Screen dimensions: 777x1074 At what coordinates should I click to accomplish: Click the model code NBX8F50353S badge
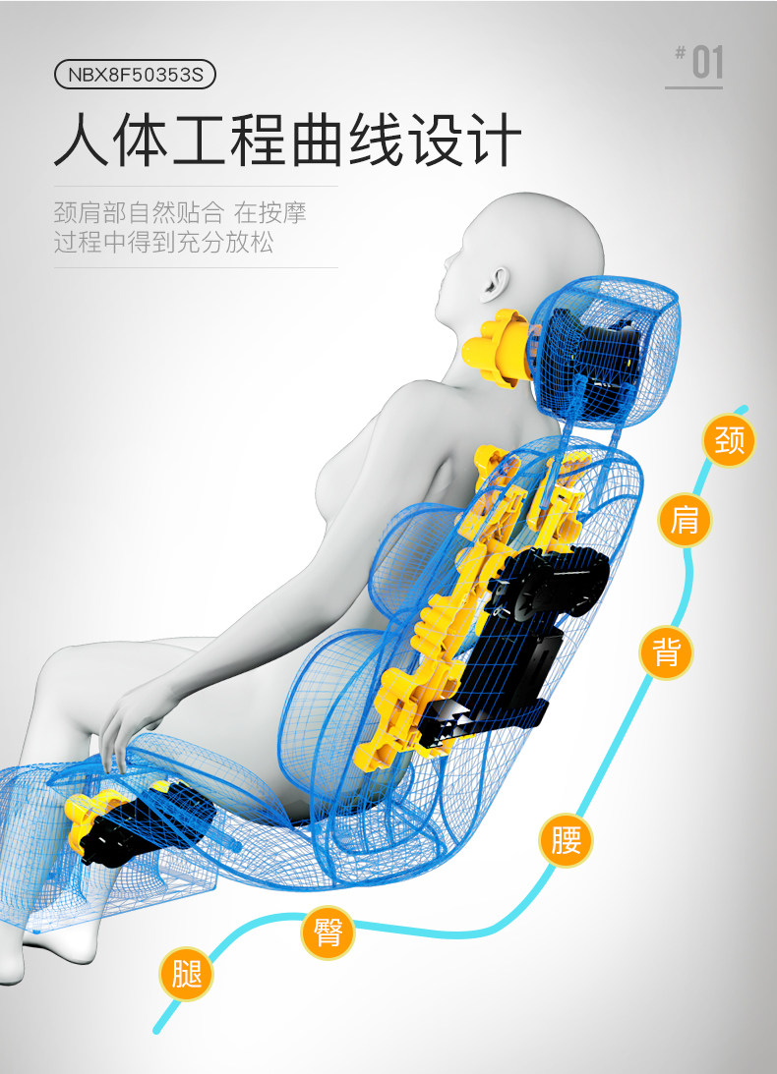135,75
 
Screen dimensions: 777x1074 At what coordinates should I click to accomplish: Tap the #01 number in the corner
698,62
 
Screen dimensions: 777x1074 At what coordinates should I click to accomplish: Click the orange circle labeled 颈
729,440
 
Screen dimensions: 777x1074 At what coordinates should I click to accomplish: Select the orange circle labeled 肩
685,521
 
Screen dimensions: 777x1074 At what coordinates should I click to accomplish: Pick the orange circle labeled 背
666,652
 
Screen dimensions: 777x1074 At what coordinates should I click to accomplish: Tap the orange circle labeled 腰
566,840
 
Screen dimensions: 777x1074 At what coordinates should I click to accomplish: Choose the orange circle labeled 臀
328,933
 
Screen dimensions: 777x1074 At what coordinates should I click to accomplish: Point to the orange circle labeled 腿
186,974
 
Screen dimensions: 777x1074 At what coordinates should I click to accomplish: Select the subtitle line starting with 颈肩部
180,212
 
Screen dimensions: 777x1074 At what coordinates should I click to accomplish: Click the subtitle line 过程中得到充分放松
163,242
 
